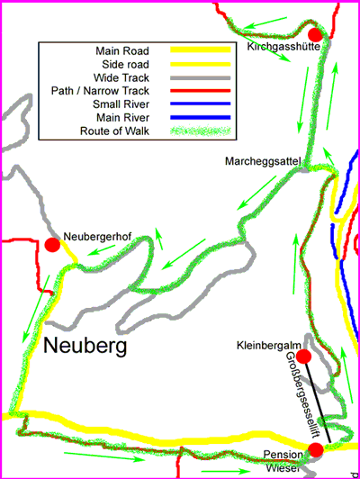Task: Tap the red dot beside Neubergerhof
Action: click(52, 245)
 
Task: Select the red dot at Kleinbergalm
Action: click(303, 357)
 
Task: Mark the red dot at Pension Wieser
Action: click(315, 449)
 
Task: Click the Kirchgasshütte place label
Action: click(283, 48)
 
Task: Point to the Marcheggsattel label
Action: click(264, 160)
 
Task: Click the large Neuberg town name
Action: click(85, 345)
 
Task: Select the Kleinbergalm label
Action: click(267, 345)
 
